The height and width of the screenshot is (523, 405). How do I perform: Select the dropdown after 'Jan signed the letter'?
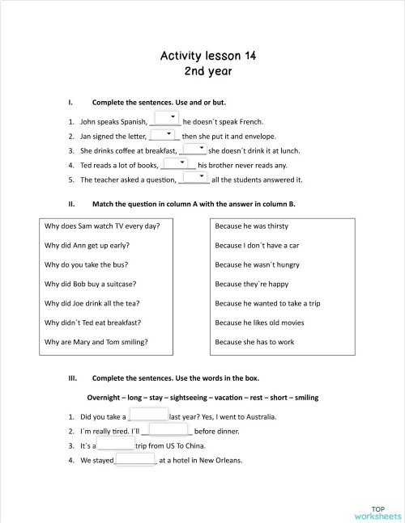pyautogui.click(x=165, y=133)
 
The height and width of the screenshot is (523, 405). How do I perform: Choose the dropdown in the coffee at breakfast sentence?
pyautogui.click(x=193, y=148)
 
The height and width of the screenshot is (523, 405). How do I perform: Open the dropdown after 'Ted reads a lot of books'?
pyautogui.click(x=181, y=162)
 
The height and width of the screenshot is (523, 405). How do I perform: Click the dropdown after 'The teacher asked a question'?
pyautogui.click(x=194, y=177)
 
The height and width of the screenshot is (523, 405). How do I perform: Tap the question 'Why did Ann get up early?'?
pyautogui.click(x=88, y=245)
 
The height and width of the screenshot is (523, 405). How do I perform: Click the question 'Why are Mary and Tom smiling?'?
pyautogui.click(x=96, y=342)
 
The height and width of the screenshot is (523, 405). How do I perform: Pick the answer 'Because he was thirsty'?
pyautogui.click(x=251, y=226)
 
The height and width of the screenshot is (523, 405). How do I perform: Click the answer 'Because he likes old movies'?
pyautogui.click(x=259, y=323)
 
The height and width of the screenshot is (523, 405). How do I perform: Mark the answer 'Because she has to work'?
pyautogui.click(x=254, y=342)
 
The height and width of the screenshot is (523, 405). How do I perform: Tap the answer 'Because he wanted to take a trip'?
pyautogui.click(x=267, y=303)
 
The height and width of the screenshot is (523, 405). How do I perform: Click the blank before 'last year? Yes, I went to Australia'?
pyautogui.click(x=148, y=415)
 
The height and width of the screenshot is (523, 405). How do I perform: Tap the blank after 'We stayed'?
pyautogui.click(x=135, y=459)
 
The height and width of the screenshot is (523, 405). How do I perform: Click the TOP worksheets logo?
pyautogui.click(x=377, y=511)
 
